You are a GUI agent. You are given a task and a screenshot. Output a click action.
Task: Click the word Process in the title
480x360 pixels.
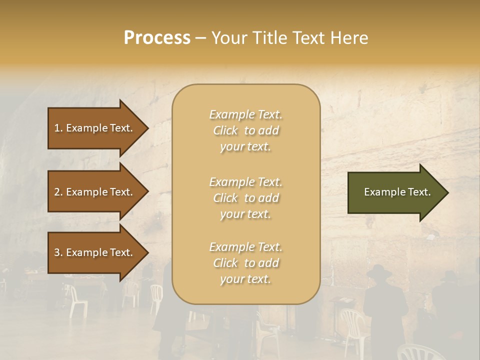click(x=157, y=38)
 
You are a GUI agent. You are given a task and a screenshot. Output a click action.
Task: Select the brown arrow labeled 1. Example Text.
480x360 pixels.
click(x=95, y=128)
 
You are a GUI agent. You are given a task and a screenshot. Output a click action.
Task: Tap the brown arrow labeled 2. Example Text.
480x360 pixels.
click(x=95, y=192)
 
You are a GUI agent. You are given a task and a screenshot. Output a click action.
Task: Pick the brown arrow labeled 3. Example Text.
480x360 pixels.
click(x=95, y=252)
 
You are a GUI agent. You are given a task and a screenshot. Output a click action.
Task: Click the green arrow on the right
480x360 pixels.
click(x=395, y=192)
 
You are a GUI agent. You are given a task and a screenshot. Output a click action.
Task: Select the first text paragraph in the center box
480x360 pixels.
click(x=245, y=130)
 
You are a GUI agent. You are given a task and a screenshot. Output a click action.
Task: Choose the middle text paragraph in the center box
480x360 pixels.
click(x=245, y=198)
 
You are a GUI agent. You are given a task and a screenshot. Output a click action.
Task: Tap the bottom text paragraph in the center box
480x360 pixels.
click(x=245, y=263)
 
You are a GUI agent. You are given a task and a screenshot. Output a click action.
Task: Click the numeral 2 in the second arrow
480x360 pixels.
click(x=57, y=192)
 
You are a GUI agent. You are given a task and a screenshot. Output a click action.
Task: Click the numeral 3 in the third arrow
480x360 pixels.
click(x=57, y=252)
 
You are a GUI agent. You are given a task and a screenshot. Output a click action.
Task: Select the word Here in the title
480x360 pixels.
click(x=350, y=38)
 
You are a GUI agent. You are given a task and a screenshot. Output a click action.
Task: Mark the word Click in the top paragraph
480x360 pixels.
click(x=225, y=130)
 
